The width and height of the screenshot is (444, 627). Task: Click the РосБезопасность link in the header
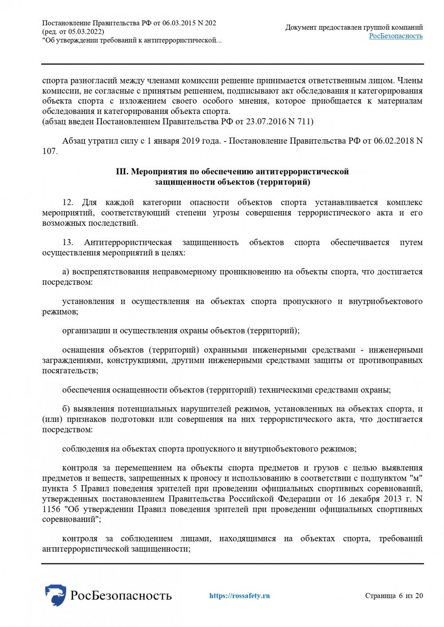[396, 36]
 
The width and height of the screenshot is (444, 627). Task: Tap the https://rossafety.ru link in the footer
[239, 596]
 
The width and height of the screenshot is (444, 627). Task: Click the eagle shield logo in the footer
[55, 595]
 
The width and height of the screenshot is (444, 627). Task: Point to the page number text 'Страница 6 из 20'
[394, 596]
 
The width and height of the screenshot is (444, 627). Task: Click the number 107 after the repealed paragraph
[49, 151]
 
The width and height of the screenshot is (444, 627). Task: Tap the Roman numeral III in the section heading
[122, 172]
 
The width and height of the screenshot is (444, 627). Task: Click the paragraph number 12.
[67, 203]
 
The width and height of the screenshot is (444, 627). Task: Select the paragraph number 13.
[67, 243]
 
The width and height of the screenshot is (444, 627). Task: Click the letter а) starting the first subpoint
[66, 272]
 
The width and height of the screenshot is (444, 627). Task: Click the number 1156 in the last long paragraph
[51, 509]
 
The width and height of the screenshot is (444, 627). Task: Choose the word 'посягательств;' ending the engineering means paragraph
[70, 371]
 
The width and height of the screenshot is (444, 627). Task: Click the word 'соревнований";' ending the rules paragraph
[71, 519]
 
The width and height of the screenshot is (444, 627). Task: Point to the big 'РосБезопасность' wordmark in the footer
[121, 596]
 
